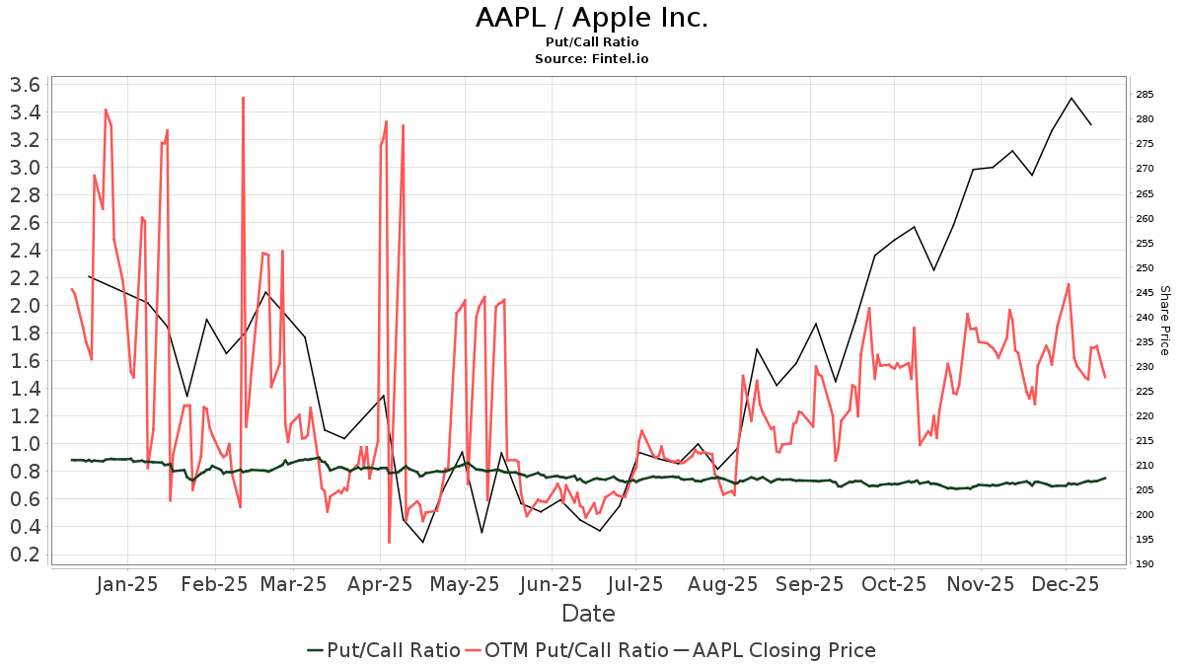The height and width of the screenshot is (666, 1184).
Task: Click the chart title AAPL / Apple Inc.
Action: (x=592, y=18)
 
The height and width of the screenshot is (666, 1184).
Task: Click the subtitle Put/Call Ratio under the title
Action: (x=592, y=42)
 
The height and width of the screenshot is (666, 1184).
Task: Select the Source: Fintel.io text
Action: (x=592, y=59)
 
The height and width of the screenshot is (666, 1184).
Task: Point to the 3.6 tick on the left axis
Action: (x=23, y=85)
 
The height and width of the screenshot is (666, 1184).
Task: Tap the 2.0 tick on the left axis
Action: (x=23, y=306)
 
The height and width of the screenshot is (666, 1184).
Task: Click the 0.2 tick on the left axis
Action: (x=23, y=555)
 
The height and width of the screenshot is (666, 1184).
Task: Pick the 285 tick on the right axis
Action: (x=1146, y=95)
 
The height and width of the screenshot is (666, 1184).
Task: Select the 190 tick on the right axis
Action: (x=1146, y=564)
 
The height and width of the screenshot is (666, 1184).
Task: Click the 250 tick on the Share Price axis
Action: (x=1146, y=267)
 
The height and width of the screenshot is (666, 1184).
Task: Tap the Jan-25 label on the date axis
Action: (x=127, y=584)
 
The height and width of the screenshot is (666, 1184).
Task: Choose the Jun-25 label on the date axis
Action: (x=552, y=584)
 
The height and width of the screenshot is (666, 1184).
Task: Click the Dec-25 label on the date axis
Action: (x=1067, y=584)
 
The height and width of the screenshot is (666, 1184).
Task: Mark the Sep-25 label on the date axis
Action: (x=809, y=584)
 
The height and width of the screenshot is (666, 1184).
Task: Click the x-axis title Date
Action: (x=588, y=614)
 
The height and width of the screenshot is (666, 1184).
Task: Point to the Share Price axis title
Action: (x=1164, y=321)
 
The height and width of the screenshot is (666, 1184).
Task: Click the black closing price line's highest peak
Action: (x=1072, y=98)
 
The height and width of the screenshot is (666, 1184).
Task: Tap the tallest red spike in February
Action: (x=243, y=98)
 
